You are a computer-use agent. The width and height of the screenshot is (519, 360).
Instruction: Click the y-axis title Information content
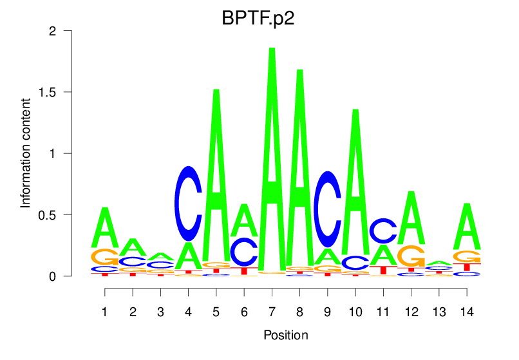(x=26, y=153)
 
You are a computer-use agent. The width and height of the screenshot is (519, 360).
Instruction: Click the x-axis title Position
(x=285, y=335)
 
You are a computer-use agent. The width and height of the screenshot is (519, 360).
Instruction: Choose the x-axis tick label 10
(x=355, y=312)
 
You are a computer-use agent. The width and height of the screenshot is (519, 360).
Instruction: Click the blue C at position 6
(x=244, y=252)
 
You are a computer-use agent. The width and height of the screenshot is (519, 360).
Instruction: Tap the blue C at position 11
(x=382, y=231)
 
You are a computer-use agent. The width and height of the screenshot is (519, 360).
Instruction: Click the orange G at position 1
(x=105, y=257)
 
